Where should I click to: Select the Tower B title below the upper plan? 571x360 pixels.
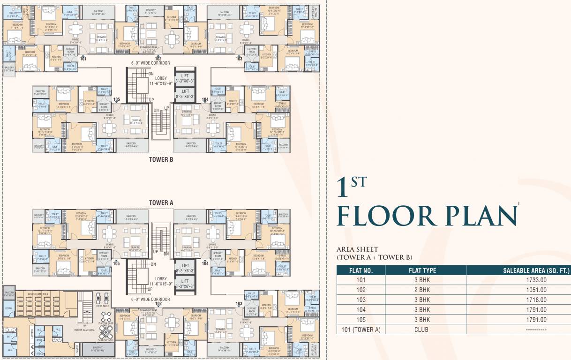[x=161, y=159]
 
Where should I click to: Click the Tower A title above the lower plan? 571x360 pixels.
[x=161, y=202]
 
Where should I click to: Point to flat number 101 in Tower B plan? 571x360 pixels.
[x=83, y=59]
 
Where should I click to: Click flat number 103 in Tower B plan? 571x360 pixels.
[x=239, y=59]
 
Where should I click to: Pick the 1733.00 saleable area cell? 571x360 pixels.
[x=518, y=280]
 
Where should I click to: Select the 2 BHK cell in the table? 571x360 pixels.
[x=425, y=290]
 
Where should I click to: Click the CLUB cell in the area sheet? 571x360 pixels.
[x=425, y=330]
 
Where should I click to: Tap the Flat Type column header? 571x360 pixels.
[x=425, y=270]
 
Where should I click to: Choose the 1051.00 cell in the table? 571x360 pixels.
[x=518, y=290]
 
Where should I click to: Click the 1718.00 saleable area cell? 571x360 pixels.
[x=518, y=300]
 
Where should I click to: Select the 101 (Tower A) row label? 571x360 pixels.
[x=361, y=330]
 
